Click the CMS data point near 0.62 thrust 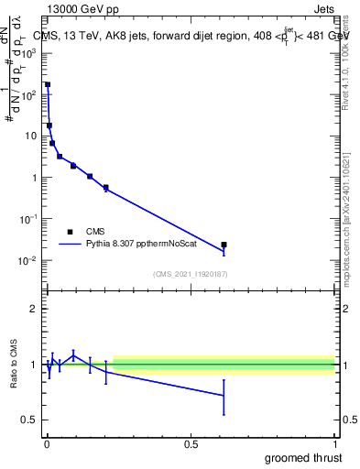pyautogui.click(x=224, y=245)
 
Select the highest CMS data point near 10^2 pyautogui.click(x=48, y=84)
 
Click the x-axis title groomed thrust pyautogui.click(x=304, y=457)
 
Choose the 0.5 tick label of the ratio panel pyautogui.click(x=31, y=420)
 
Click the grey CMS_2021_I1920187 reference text pyautogui.click(x=191, y=274)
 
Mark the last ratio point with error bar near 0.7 pyautogui.click(x=224, y=396)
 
